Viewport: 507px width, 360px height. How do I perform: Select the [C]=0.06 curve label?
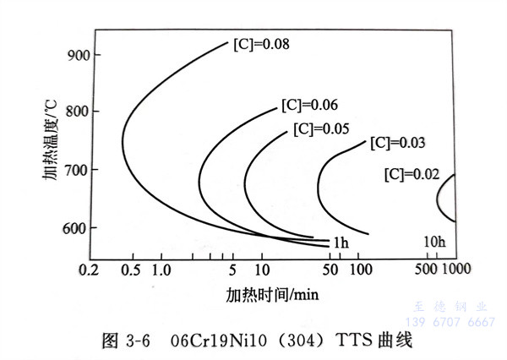(x=308, y=106)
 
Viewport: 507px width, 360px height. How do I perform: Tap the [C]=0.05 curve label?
(x=322, y=129)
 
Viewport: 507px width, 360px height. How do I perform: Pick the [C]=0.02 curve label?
(x=412, y=175)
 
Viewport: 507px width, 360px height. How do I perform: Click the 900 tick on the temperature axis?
(x=78, y=56)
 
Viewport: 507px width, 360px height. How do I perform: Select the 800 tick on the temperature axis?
(x=78, y=112)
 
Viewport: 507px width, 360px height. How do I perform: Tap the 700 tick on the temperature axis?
(x=78, y=170)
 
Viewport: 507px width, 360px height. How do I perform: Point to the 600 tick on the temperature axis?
(x=78, y=227)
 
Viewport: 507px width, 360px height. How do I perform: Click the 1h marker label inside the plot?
(x=340, y=243)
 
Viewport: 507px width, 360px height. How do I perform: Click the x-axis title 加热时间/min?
(x=271, y=294)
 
